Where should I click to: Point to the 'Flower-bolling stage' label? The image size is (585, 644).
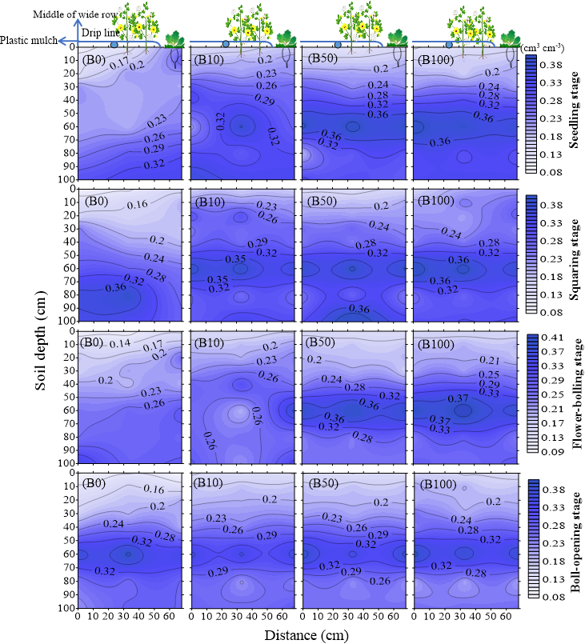tap(574, 397)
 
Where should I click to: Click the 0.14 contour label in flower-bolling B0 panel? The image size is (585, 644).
tap(120, 344)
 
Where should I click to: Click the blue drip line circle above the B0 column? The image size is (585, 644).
tap(114, 45)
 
